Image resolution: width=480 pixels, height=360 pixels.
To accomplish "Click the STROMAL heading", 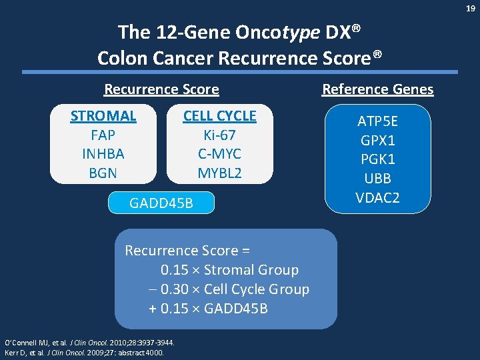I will pos(103,115).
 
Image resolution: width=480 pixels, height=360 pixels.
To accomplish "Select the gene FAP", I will pos(103,135).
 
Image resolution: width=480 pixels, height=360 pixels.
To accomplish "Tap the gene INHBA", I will pos(103,154).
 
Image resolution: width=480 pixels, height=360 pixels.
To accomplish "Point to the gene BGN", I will pos(103,173).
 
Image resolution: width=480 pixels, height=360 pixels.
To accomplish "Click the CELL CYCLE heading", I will pos(219,115).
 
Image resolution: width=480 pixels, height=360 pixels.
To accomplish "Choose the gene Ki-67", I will pos(219,135).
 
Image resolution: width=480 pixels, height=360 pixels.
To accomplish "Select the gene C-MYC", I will pos(219,154).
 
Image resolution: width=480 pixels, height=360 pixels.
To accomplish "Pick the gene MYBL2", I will pos(219,173).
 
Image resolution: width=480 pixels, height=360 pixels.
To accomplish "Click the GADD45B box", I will pos(161,203).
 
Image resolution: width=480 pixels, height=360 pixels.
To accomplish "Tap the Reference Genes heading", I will pos(377,89).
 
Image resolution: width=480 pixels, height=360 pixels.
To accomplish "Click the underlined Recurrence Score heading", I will pos(161,89).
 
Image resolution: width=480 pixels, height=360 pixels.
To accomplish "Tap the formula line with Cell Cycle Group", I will pos(229,289).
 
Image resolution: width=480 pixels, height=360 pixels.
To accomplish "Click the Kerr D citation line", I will pos(84,352).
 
